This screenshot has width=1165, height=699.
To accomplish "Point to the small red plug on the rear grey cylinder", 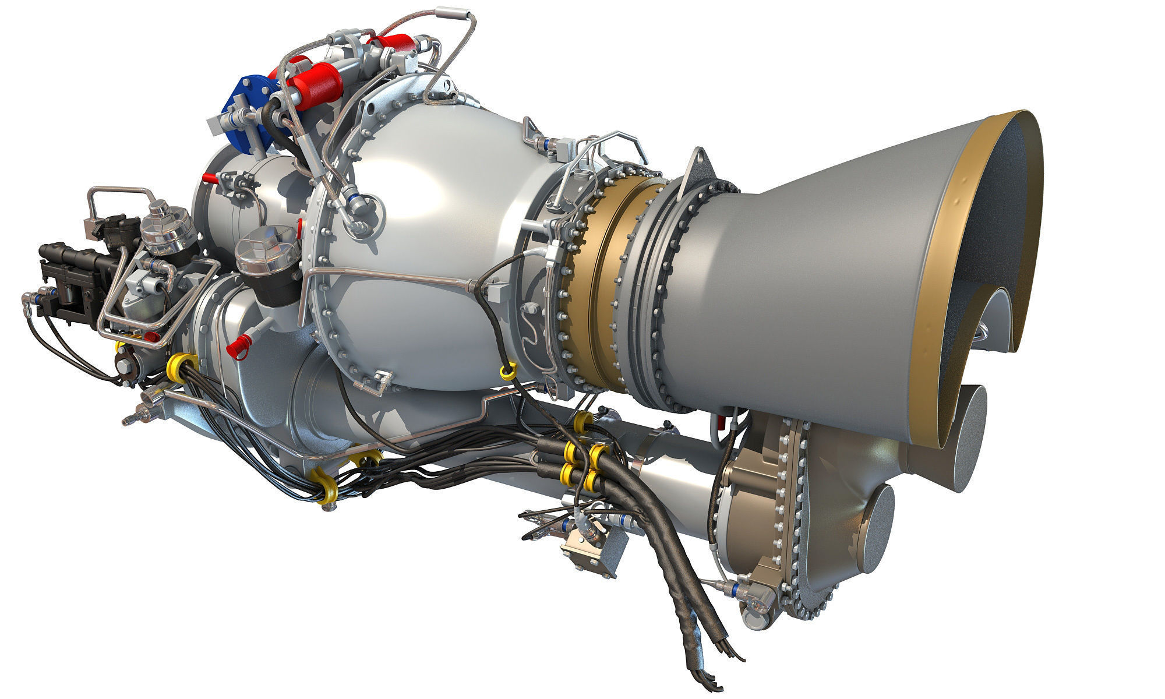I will pos(216,178).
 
